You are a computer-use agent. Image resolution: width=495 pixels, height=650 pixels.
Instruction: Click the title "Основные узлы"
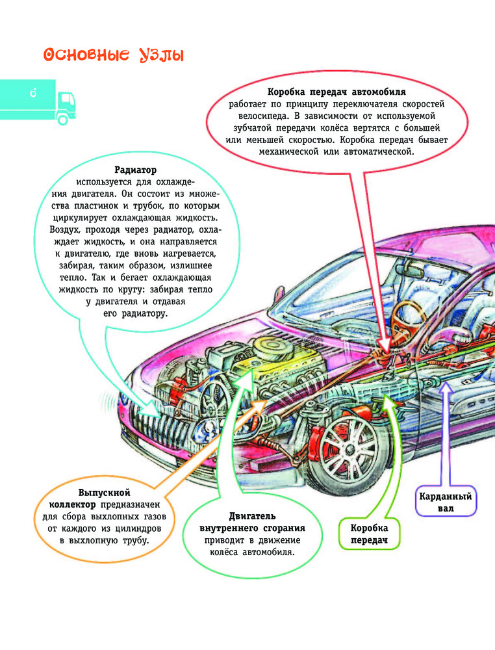coord(113,55)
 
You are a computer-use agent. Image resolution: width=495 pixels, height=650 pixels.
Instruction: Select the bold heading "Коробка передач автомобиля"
coord(336,92)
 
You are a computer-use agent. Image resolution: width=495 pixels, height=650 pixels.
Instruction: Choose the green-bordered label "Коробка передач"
coord(369,534)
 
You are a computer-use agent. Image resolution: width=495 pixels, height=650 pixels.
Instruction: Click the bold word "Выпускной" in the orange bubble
coord(105,492)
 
